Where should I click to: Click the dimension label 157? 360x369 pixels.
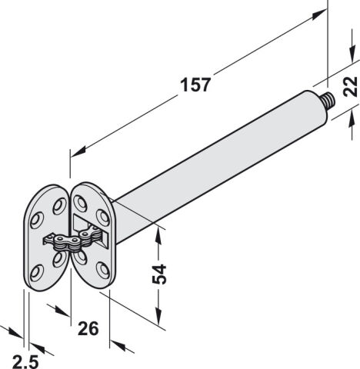[195, 85]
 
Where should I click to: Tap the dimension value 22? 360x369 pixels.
[350, 87]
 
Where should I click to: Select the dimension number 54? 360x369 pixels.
[159, 274]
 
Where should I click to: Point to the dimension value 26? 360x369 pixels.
[88, 328]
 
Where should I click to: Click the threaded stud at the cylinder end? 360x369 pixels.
[329, 100]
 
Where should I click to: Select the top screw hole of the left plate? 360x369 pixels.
[59, 206]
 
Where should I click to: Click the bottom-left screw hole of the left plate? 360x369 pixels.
[37, 274]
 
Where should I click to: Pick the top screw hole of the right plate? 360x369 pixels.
[81, 204]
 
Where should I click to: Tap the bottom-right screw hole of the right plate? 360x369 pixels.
[104, 270]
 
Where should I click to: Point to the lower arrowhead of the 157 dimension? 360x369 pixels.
[78, 151]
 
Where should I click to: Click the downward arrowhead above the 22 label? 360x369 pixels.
[353, 53]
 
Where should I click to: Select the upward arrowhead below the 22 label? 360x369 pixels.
[352, 117]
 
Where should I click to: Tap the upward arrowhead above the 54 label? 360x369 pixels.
[159, 238]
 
